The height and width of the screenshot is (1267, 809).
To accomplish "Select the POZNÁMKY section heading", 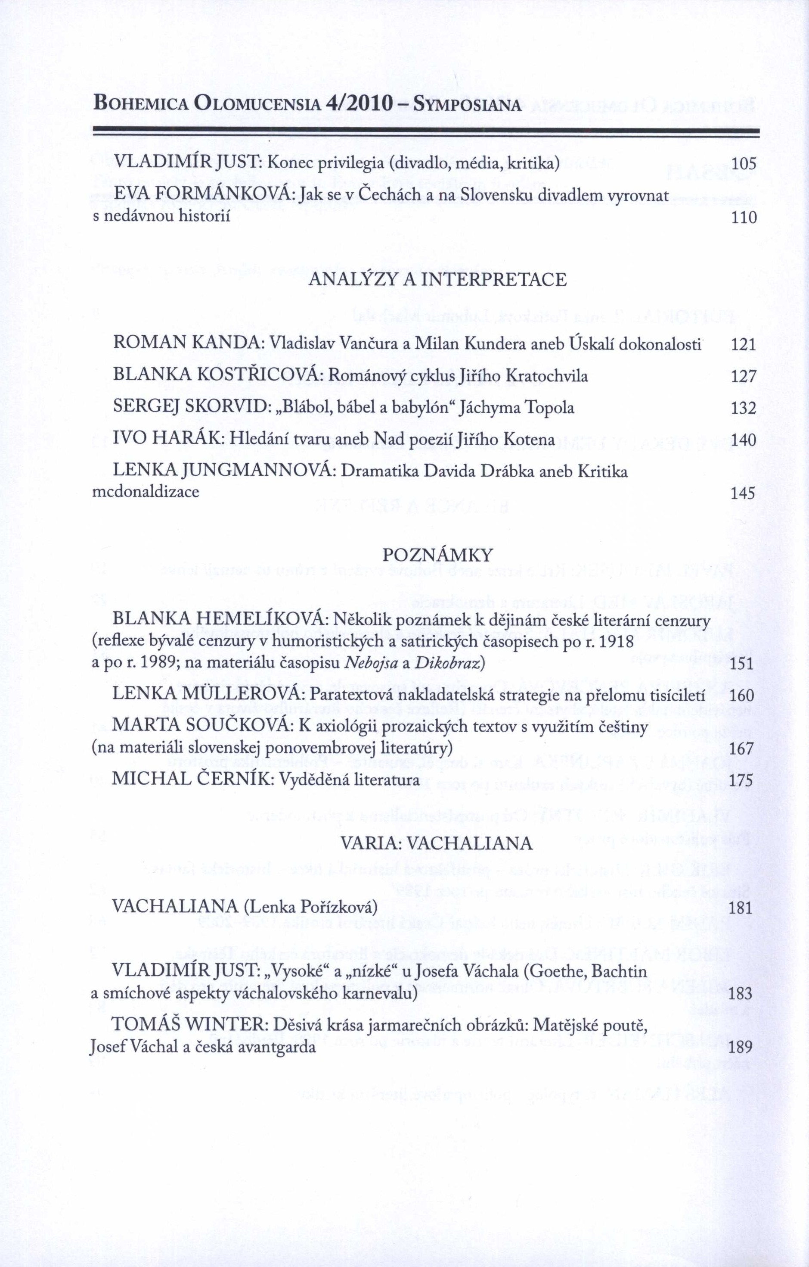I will click(438, 555).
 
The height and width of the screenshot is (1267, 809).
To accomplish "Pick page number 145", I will click(743, 493).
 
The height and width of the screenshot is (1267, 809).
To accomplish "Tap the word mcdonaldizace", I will click(146, 493).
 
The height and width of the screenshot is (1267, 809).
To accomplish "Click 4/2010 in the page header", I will click(360, 104).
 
